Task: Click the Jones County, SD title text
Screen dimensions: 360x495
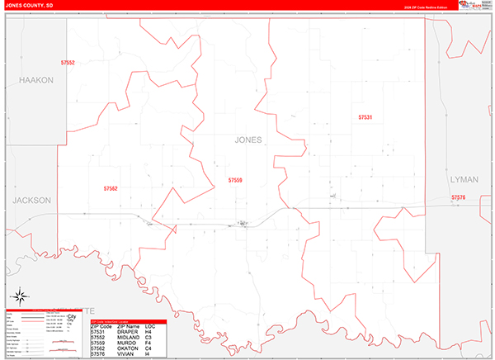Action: pyautogui.click(x=30, y=5)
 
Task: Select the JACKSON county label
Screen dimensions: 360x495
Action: pyautogui.click(x=31, y=201)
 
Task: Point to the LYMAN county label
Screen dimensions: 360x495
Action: pyautogui.click(x=464, y=179)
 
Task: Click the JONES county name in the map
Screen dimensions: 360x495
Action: pyautogui.click(x=248, y=140)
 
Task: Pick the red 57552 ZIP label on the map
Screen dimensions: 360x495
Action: pyautogui.click(x=68, y=63)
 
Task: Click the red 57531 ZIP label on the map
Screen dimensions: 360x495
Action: pyautogui.click(x=365, y=118)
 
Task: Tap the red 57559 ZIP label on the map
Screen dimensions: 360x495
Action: pyautogui.click(x=236, y=180)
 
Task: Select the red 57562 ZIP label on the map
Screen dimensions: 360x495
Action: pyautogui.click(x=111, y=188)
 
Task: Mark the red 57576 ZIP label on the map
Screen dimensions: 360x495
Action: pyautogui.click(x=459, y=197)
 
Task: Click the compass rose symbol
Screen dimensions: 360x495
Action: pyautogui.click(x=19, y=296)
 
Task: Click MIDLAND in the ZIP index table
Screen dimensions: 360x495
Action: pyautogui.click(x=130, y=337)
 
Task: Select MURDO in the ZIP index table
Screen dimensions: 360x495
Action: pyautogui.click(x=128, y=343)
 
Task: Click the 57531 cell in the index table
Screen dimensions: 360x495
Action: pyautogui.click(x=98, y=332)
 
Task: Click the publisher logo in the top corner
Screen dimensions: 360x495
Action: pyautogui.click(x=474, y=6)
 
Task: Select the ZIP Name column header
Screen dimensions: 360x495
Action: pyautogui.click(x=130, y=327)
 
